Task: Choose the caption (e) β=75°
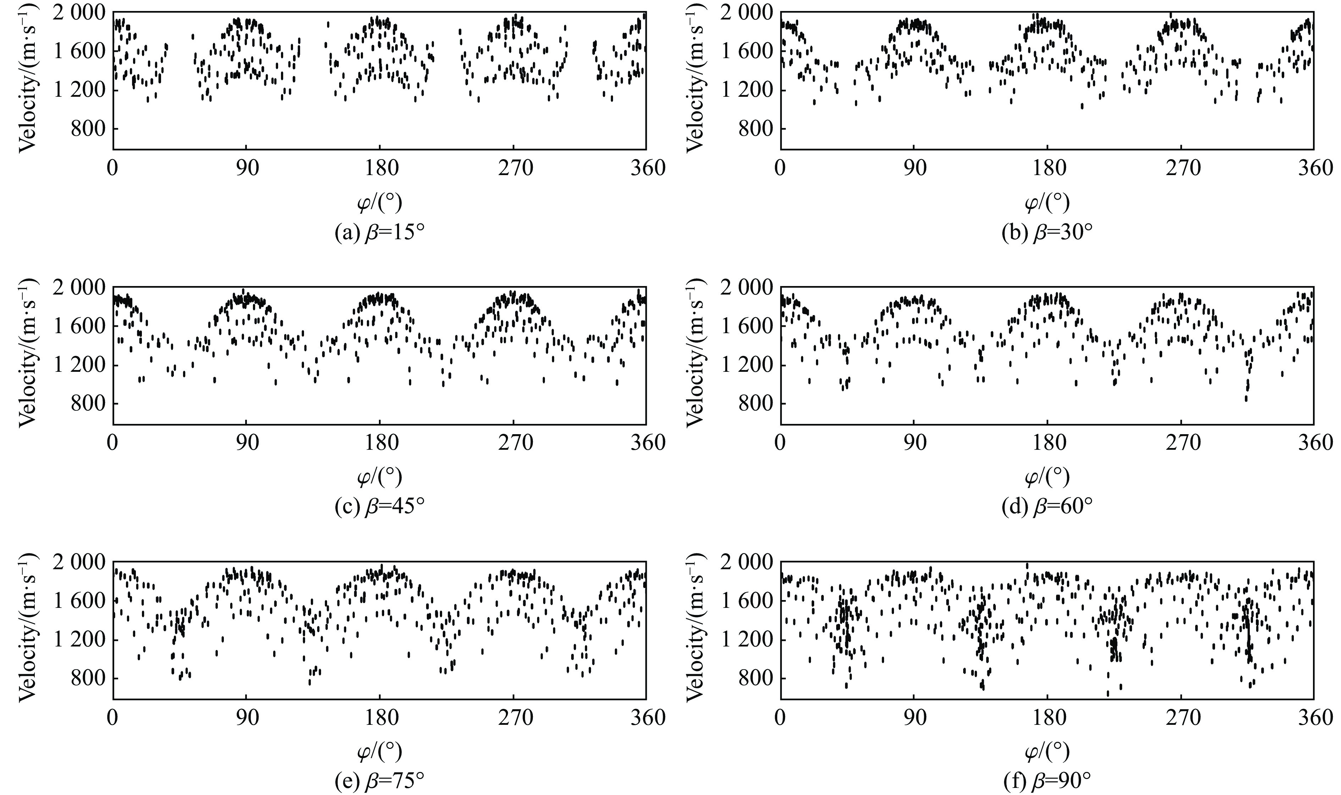[x=380, y=782]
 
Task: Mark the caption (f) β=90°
[x=1047, y=782]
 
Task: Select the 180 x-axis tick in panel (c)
[x=380, y=442]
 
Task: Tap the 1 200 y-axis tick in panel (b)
[x=745, y=90]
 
